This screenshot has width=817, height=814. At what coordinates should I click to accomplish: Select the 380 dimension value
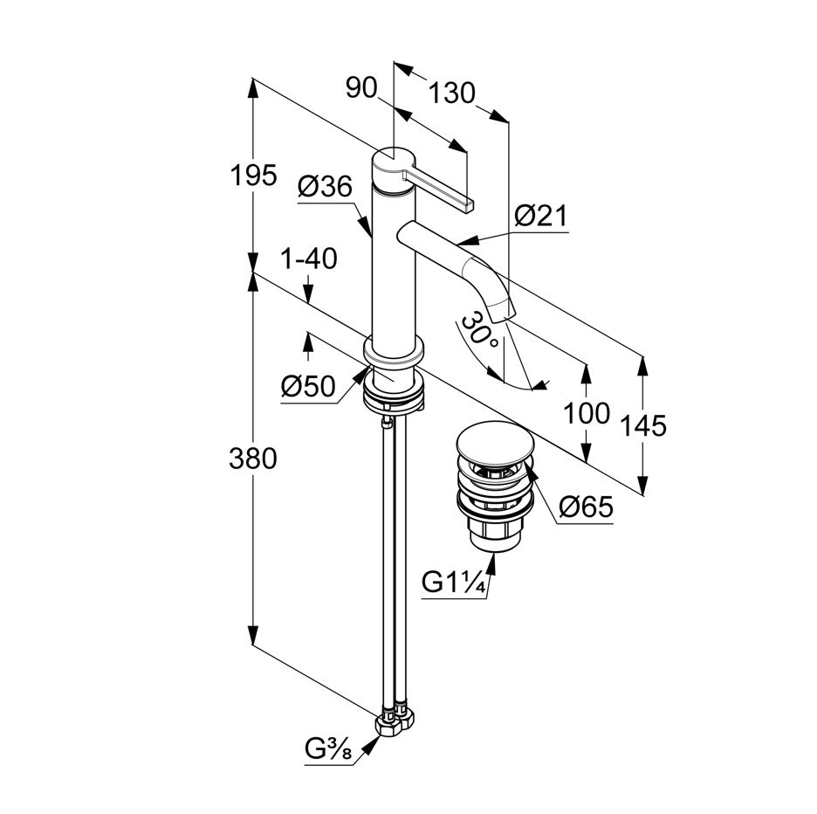[254, 458]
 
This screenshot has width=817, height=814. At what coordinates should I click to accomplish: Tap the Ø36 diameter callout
[325, 187]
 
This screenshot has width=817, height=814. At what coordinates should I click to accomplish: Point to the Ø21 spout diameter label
[540, 216]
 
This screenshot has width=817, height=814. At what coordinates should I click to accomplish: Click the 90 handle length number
[360, 87]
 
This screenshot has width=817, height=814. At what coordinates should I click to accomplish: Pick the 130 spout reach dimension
[452, 93]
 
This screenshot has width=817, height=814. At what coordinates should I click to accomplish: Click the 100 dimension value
[587, 413]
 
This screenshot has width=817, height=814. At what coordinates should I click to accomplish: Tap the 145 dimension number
[645, 425]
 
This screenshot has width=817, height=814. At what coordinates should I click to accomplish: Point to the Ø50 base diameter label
[308, 386]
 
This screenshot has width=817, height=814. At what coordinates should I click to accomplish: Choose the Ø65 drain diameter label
[586, 507]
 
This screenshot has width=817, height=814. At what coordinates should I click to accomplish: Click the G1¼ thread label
[454, 582]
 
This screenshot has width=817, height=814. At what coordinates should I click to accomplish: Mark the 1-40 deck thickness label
[310, 259]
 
